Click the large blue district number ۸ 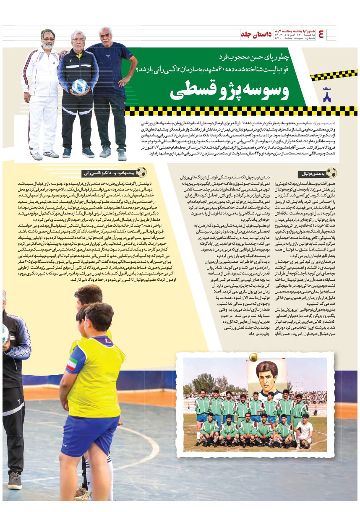(326, 99)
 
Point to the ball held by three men (79, 86)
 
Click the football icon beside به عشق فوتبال (331, 173)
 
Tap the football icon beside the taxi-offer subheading (141, 172)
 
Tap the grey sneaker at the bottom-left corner (14, 481)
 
